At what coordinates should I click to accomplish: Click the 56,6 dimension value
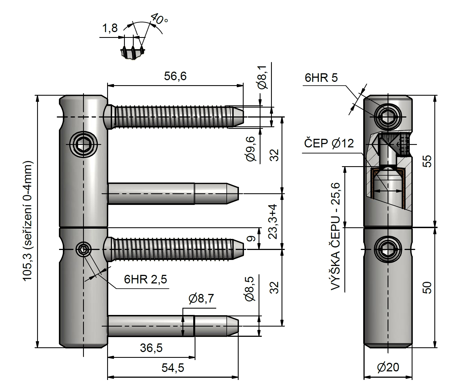pos(175,76)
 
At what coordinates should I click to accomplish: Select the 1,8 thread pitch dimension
pos(110,28)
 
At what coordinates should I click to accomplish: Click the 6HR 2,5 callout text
pos(145,280)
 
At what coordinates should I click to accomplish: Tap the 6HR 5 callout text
pos(321,78)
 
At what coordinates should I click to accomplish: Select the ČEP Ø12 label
pos(329,144)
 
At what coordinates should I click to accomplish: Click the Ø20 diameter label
pos(388,367)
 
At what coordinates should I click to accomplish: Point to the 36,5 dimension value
pos(151,348)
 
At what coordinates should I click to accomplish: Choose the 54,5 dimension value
pos(173,368)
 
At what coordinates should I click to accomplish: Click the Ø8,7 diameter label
pos(201,298)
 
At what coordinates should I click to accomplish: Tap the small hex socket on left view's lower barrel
pos(83,249)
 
